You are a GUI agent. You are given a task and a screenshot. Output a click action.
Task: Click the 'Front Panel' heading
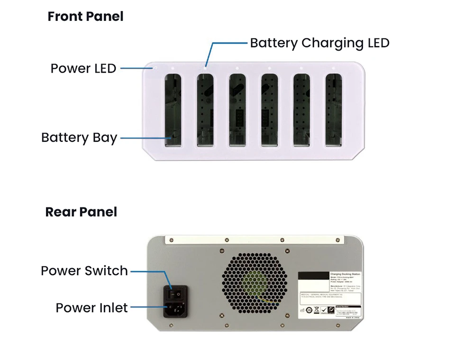coord(85,17)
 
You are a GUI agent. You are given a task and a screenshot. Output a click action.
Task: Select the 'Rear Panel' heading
coord(81,212)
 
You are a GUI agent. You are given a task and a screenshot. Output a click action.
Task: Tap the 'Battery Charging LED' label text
coord(319,43)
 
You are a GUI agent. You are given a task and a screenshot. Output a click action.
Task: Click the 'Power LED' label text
coord(83,68)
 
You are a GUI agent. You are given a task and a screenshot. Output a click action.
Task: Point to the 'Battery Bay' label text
coord(79,138)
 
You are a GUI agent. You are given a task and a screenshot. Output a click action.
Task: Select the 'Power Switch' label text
coord(84,271)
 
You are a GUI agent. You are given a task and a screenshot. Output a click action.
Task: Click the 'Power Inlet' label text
coord(91,308)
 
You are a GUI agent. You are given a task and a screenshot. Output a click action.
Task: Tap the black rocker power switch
coord(175,294)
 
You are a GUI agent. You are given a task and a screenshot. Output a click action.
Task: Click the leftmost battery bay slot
coord(173,110)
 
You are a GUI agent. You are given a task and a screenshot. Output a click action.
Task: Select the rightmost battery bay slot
coord(334,110)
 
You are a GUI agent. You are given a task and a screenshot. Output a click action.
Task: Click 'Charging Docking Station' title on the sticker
coord(346,274)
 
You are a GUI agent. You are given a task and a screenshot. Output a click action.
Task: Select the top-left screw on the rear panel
coord(172,240)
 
